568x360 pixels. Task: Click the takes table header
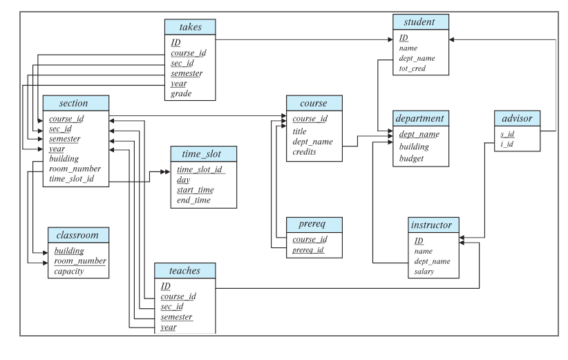190,27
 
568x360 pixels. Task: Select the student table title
421,22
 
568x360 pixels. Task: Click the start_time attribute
196,190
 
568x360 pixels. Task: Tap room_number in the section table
75,169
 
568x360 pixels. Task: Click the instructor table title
430,225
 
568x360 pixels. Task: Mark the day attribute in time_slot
183,180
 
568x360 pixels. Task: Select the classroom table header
77,235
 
